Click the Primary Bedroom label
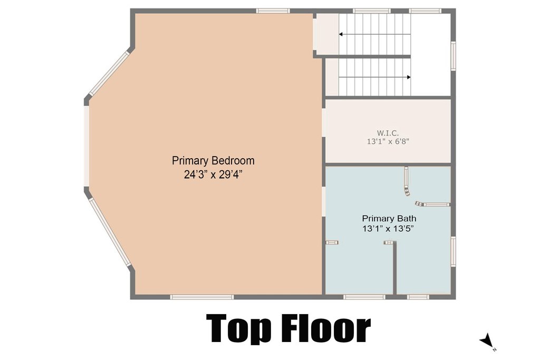(x=213, y=160)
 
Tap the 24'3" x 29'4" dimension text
(x=213, y=174)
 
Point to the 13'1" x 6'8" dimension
(x=388, y=141)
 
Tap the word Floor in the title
(x=326, y=329)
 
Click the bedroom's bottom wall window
(x=202, y=297)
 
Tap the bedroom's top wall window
(x=273, y=11)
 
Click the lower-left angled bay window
(x=109, y=232)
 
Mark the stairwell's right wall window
(x=452, y=56)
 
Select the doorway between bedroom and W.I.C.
(x=323, y=124)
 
